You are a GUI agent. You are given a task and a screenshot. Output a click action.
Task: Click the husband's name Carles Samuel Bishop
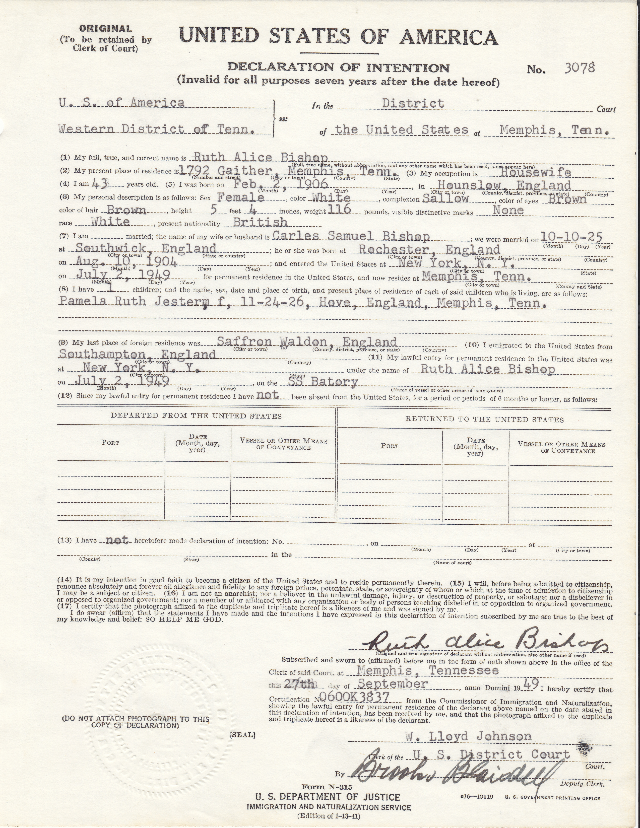(351, 237)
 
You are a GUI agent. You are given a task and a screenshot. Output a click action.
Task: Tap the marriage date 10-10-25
(571, 237)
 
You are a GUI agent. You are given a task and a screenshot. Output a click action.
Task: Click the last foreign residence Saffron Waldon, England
(307, 342)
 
